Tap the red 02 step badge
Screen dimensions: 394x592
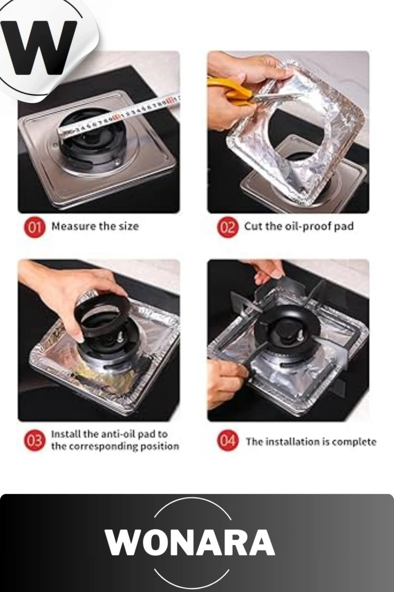[x=226, y=227]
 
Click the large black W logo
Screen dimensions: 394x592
[x=39, y=47]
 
